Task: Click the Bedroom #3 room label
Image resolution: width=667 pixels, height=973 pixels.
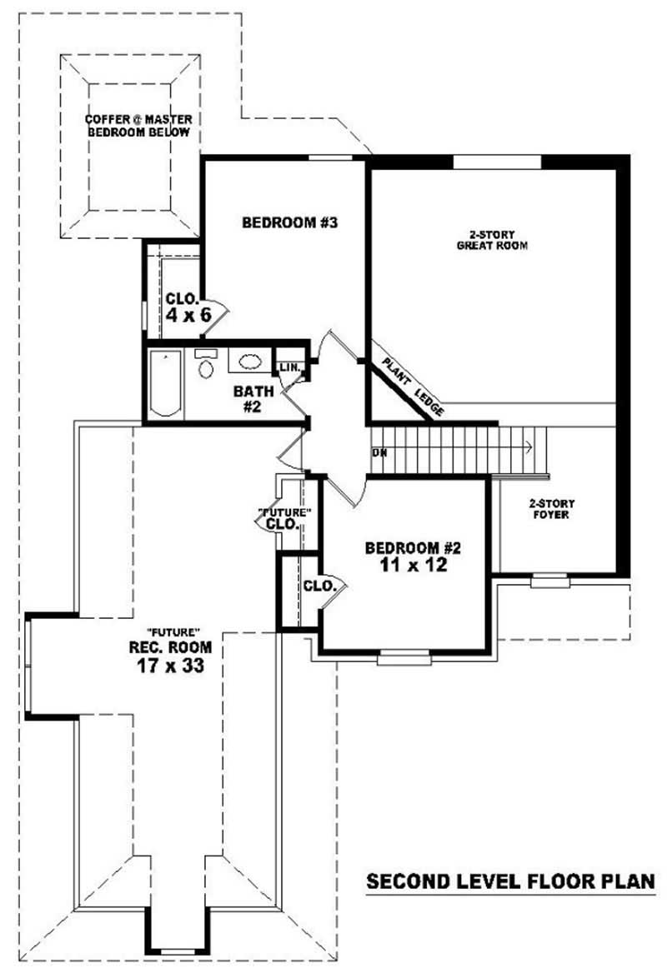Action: pyautogui.click(x=277, y=222)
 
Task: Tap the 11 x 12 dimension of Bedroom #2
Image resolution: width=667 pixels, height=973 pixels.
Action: pyautogui.click(x=414, y=566)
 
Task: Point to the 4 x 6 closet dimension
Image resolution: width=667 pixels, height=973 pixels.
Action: pyautogui.click(x=187, y=315)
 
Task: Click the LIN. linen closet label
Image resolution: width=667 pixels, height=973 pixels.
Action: pyautogui.click(x=289, y=367)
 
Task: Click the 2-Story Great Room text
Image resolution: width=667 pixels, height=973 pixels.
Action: pyautogui.click(x=492, y=240)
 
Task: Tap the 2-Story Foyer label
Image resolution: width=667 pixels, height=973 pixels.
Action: pyautogui.click(x=551, y=508)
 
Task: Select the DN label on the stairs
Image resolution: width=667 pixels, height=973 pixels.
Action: pyautogui.click(x=379, y=452)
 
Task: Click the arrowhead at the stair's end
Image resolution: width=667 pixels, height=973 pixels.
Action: pyautogui.click(x=529, y=448)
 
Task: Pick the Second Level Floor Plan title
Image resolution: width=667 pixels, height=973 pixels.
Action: pyautogui.click(x=510, y=881)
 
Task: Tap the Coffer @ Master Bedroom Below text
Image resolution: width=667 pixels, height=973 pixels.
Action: pyautogui.click(x=138, y=126)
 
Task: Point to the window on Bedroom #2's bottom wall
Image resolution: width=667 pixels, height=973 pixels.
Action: pyautogui.click(x=404, y=658)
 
